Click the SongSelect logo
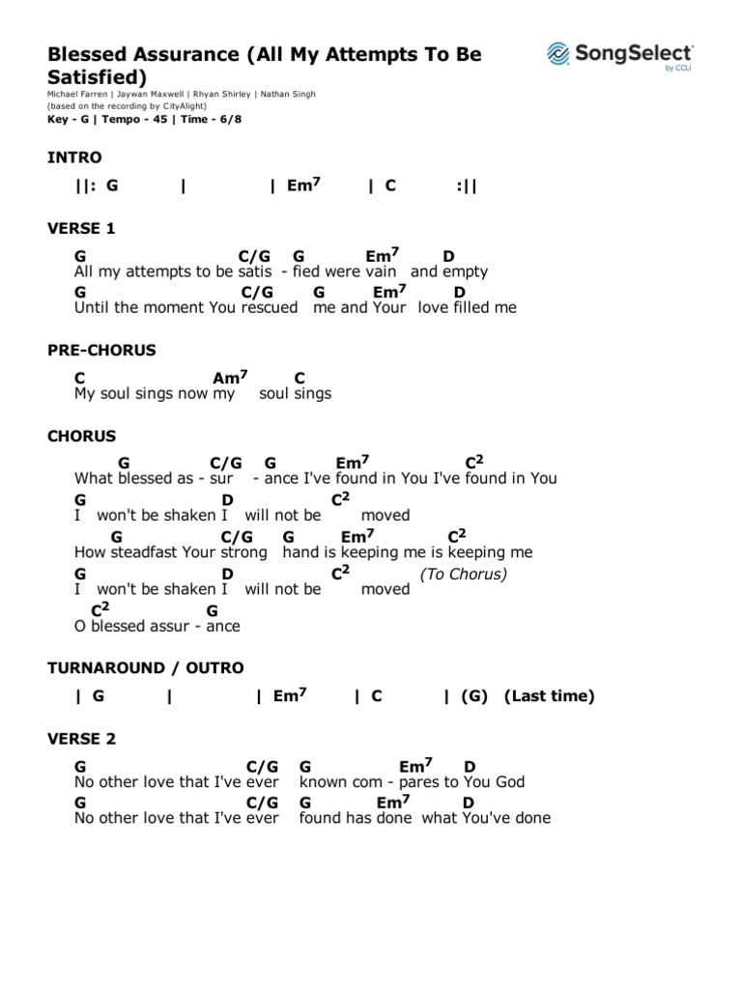(x=619, y=54)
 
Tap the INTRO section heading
(x=74, y=157)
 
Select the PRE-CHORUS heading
(x=101, y=350)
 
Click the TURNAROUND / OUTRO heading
(x=146, y=667)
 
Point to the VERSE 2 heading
(x=81, y=739)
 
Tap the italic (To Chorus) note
(x=464, y=574)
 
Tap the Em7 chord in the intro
(x=301, y=185)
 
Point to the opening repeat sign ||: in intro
(x=85, y=185)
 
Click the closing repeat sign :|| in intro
(x=467, y=185)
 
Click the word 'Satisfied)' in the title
(x=98, y=76)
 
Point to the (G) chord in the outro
(x=474, y=696)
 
